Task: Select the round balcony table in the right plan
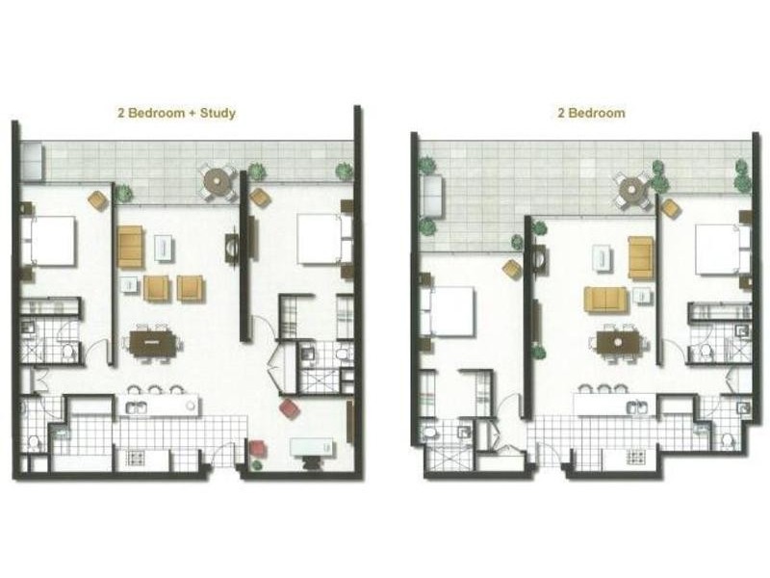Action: pyautogui.click(x=634, y=191)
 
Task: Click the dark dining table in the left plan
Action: pyautogui.click(x=154, y=341)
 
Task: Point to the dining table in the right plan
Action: pyautogui.click(x=610, y=341)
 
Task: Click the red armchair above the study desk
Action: pyautogui.click(x=289, y=409)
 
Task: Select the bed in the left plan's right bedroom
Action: pyautogui.click(x=321, y=239)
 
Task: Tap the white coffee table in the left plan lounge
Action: pyautogui.click(x=165, y=249)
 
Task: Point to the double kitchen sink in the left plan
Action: pyautogui.click(x=138, y=407)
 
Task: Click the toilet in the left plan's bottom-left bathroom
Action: pyautogui.click(x=36, y=442)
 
